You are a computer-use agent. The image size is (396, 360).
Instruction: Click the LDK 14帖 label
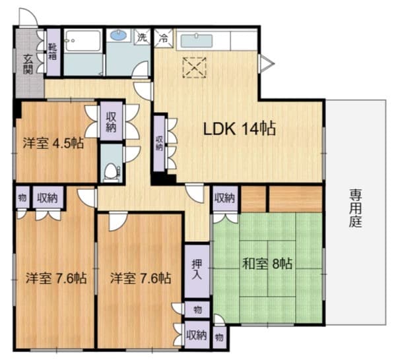[239, 129]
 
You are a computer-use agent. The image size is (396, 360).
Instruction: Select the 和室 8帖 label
[267, 264]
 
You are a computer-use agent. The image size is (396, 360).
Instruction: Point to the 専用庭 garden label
[356, 208]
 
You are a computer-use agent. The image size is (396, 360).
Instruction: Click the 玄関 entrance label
[28, 63]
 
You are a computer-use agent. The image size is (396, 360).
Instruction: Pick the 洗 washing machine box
[142, 38]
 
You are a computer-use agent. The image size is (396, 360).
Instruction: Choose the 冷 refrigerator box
[163, 38]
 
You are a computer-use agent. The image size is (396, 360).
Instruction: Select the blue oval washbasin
[119, 36]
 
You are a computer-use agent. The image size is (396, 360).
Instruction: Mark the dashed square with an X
[195, 67]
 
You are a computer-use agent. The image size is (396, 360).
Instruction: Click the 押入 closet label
[197, 268]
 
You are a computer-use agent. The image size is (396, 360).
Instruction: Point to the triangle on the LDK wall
[265, 63]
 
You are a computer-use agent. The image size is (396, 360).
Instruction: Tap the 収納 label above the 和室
[224, 197]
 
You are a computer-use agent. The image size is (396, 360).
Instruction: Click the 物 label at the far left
[22, 196]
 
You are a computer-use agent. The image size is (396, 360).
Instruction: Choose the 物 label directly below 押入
[197, 308]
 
